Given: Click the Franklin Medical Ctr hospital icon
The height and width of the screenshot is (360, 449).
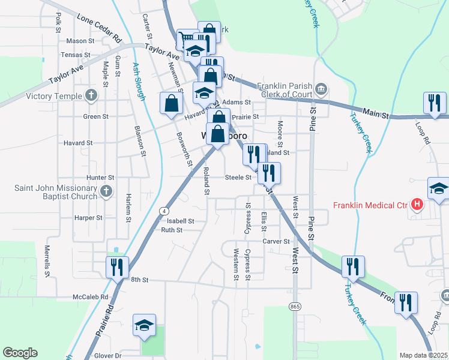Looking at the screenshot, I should pyautogui.click(x=416, y=205).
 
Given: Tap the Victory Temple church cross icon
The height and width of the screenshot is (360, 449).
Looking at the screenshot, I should pyautogui.click(x=91, y=95).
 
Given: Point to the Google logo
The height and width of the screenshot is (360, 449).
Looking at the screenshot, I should pyautogui.click(x=20, y=353).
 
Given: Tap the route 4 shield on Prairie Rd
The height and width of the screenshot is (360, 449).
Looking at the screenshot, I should pyautogui.click(x=163, y=211).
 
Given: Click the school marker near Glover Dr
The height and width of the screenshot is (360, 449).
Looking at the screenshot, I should pyautogui.click(x=144, y=325).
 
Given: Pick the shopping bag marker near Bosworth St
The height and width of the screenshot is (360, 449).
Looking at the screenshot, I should pyautogui.click(x=171, y=103).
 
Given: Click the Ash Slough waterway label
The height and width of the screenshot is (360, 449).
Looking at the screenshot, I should pyautogui.click(x=137, y=83).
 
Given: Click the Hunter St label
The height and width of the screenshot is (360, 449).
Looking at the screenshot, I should pyautogui.click(x=100, y=178).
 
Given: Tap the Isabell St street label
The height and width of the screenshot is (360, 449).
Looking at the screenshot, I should pyautogui.click(x=180, y=221).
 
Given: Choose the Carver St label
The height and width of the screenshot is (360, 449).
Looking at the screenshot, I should pyautogui.click(x=276, y=241).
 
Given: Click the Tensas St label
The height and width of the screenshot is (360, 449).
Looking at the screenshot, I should pyautogui.click(x=75, y=55).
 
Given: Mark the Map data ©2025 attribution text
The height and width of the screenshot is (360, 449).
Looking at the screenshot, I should pyautogui.click(x=423, y=355).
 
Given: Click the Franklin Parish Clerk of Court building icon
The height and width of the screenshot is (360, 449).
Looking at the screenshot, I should pyautogui.click(x=321, y=90).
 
